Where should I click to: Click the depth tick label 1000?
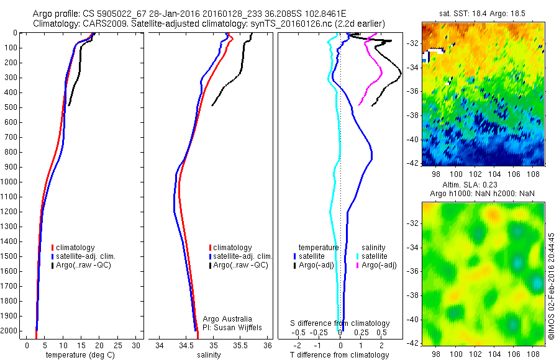click(x=12, y=182)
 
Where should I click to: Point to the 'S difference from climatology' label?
click(x=340, y=323)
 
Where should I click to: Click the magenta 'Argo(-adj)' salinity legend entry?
click(x=376, y=265)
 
